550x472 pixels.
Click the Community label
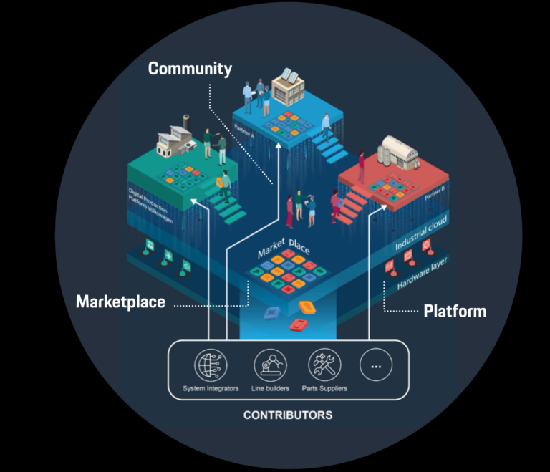(x=190, y=69)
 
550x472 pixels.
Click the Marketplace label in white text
(x=120, y=302)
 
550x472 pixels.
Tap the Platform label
(x=455, y=311)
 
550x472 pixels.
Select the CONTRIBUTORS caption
(x=288, y=415)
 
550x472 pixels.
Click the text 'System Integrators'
(x=211, y=389)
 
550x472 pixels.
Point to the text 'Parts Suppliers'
(x=324, y=389)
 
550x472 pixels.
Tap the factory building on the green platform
(x=175, y=140)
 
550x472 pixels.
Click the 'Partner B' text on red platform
(x=434, y=194)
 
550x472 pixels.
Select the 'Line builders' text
(x=270, y=389)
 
